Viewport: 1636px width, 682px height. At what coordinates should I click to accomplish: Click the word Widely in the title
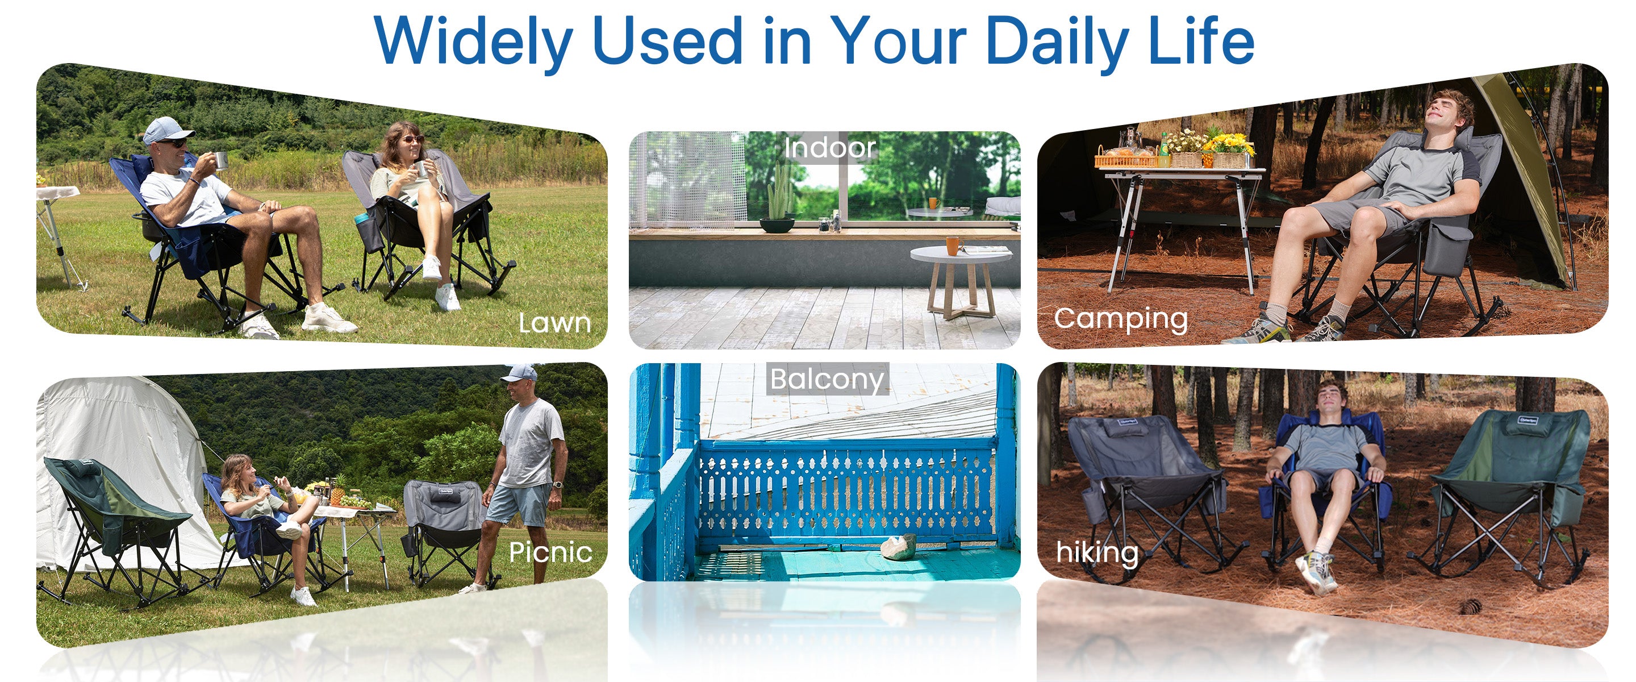tap(473, 41)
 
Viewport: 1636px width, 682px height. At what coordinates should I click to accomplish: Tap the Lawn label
tap(554, 323)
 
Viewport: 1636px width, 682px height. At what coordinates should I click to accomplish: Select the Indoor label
tap(829, 148)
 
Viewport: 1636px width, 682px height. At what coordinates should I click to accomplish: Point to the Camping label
tap(1121, 319)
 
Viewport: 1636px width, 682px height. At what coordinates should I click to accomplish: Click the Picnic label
tap(550, 552)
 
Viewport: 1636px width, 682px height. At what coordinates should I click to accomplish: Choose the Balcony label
tap(827, 380)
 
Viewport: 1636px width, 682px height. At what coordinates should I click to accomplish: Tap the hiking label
tap(1097, 552)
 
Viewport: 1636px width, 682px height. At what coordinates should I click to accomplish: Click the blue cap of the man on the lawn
tap(166, 130)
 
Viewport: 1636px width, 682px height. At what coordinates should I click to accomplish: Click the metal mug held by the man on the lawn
tap(220, 160)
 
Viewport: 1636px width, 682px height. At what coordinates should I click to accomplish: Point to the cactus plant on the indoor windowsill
tap(778, 191)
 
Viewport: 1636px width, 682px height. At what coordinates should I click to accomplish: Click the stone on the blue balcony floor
tap(898, 547)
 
